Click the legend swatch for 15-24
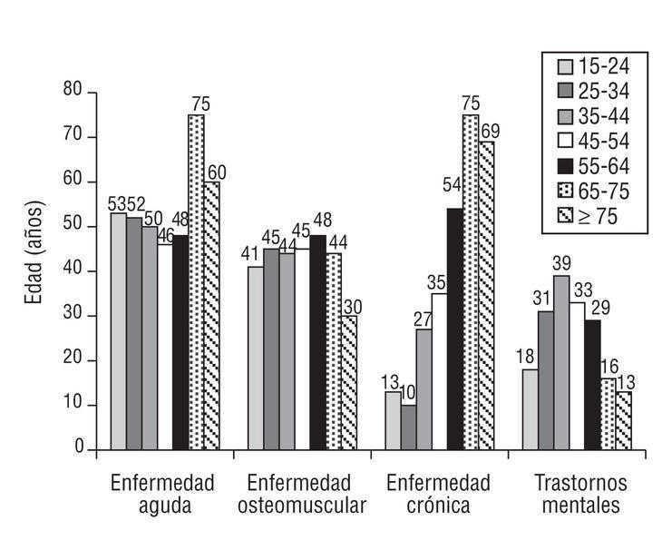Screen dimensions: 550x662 pyautogui.click(x=564, y=65)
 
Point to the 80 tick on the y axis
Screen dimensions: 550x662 pyautogui.click(x=73, y=92)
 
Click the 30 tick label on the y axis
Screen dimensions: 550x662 pyautogui.click(x=73, y=316)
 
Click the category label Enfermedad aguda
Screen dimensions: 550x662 pyautogui.click(x=162, y=494)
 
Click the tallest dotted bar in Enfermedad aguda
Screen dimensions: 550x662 pyautogui.click(x=196, y=281)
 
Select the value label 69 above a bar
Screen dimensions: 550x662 pyautogui.click(x=491, y=131)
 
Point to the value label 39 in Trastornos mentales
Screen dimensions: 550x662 pyautogui.click(x=561, y=264)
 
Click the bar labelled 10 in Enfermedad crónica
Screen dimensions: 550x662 pyautogui.click(x=408, y=427)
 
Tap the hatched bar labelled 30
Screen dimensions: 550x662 pyautogui.click(x=347, y=382)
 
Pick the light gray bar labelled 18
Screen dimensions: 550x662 pyautogui.click(x=531, y=409)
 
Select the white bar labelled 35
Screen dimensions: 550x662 pyautogui.click(x=439, y=371)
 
